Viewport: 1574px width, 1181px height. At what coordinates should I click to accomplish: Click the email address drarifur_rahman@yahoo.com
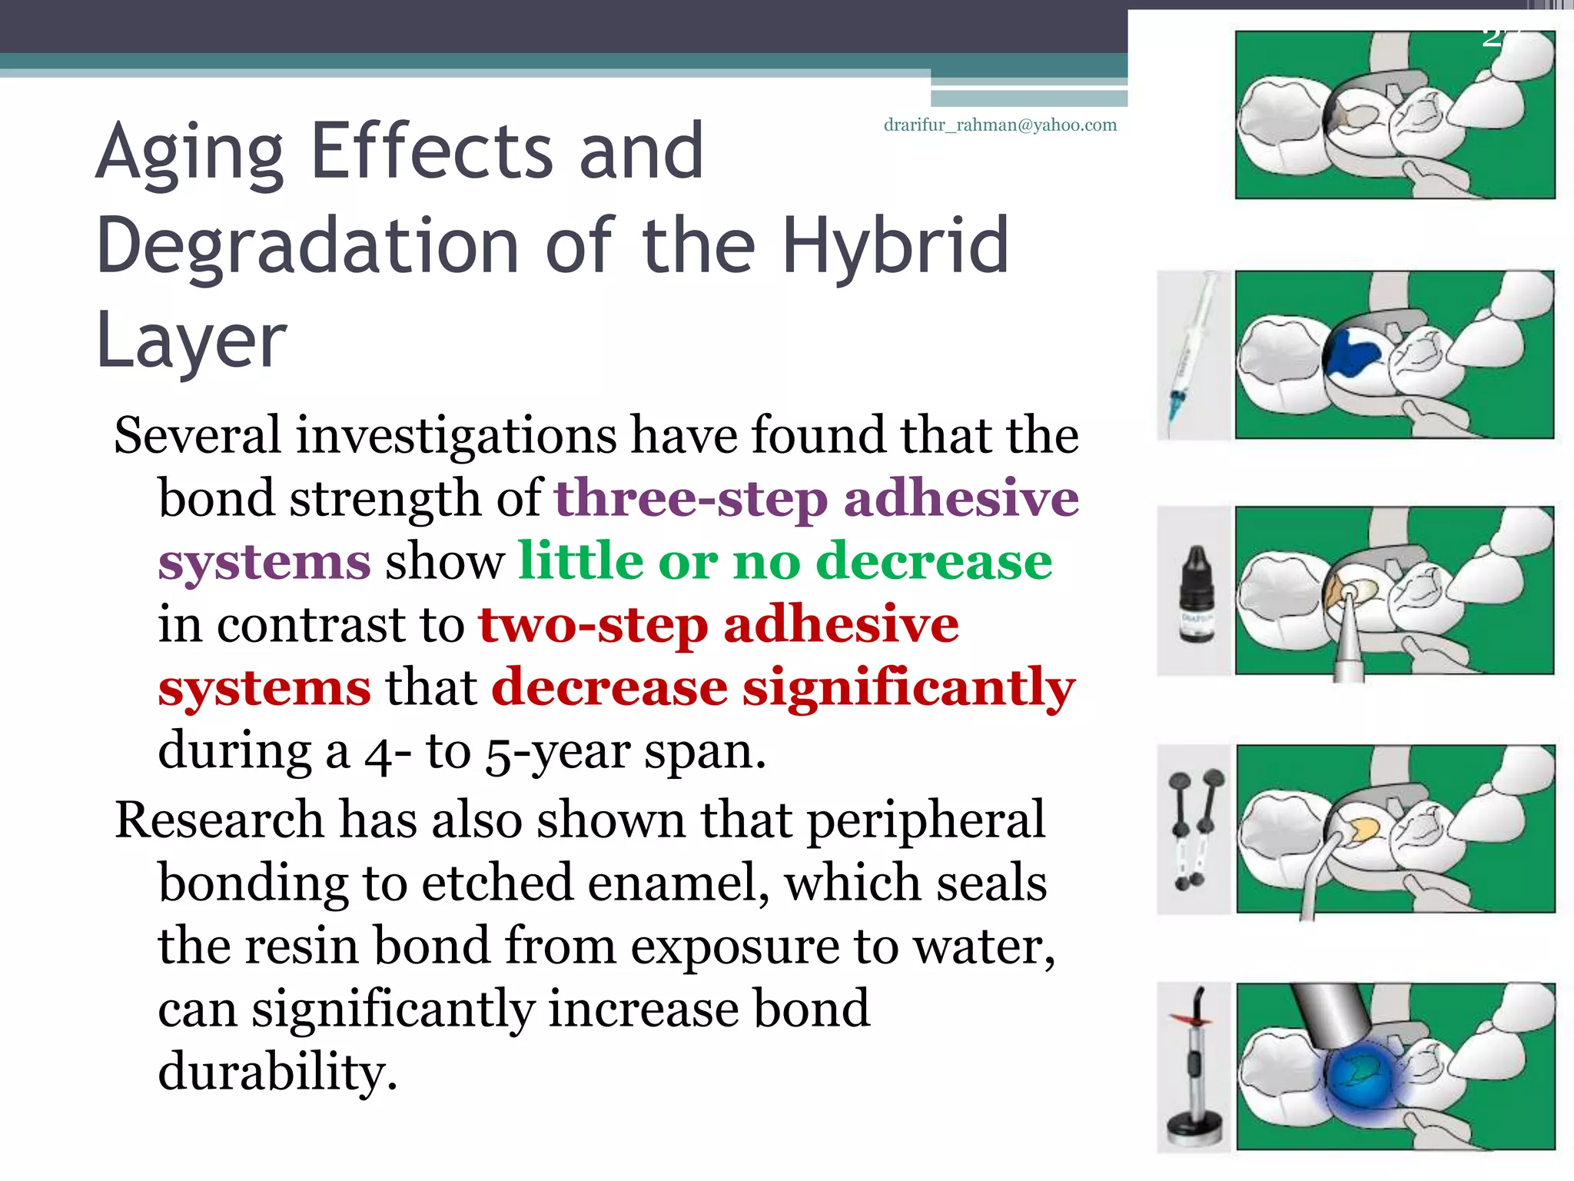pos(1000,125)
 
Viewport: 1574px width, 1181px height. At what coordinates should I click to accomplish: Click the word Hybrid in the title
pos(895,246)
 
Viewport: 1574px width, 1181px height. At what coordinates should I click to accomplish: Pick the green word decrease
pos(933,561)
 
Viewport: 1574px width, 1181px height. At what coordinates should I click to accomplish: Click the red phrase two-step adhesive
pos(719,624)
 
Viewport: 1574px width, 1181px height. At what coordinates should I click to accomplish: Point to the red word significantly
pos(908,687)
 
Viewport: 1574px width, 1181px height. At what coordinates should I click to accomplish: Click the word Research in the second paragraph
pos(219,820)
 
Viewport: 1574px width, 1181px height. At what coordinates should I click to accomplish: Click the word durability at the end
pos(277,1072)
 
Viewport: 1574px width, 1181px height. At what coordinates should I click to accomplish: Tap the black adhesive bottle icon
pos(1196,593)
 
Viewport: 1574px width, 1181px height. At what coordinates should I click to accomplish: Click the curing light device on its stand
pos(1194,1069)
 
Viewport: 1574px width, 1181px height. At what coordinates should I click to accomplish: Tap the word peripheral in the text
pos(925,820)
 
